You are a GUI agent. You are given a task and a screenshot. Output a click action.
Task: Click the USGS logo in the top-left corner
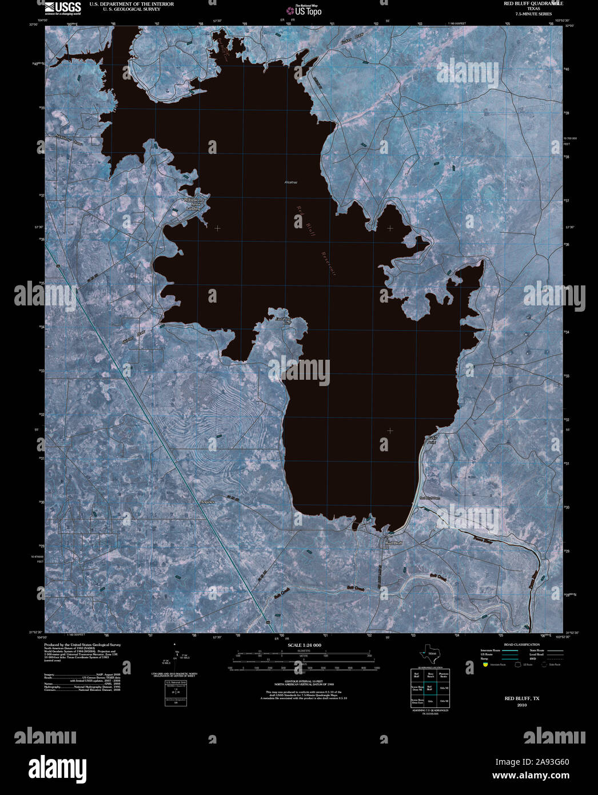[x=62, y=7]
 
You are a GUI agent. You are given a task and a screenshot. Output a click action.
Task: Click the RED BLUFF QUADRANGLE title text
[x=533, y=3]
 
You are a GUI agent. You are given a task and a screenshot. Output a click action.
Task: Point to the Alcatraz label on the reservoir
[x=291, y=182]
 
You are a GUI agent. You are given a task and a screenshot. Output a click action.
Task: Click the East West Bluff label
[x=284, y=321]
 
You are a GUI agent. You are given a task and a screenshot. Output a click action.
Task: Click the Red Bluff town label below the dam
[x=394, y=543]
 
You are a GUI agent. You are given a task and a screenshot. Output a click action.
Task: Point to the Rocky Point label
[x=432, y=440]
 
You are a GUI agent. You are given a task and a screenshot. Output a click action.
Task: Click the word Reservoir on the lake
[x=328, y=264]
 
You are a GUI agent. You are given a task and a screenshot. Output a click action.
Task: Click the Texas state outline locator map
[x=428, y=654]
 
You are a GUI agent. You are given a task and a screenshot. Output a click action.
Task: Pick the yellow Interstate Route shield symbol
[x=485, y=665]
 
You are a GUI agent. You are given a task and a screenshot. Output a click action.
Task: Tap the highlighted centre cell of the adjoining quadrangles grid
[x=430, y=688]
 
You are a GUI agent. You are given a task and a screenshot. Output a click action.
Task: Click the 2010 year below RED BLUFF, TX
[x=521, y=705]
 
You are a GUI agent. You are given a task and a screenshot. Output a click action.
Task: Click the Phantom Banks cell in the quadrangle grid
[x=443, y=675]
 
